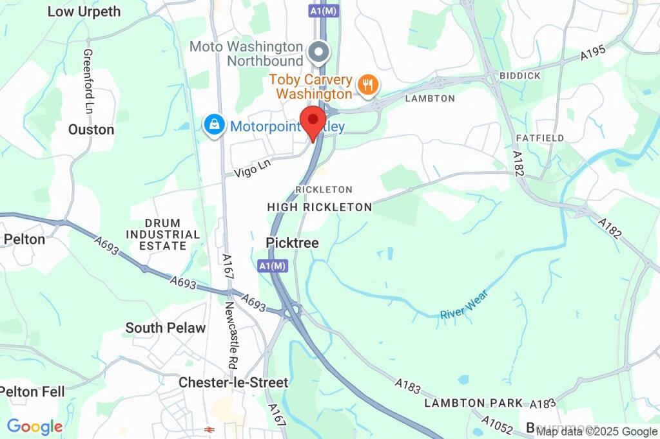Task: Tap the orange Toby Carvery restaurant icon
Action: (x=367, y=85)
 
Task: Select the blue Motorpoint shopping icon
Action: (x=213, y=125)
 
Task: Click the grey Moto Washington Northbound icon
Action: (x=318, y=51)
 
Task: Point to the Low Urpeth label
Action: (x=84, y=12)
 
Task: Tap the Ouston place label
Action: (x=91, y=129)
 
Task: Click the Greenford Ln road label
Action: (x=88, y=81)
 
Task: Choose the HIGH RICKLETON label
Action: (x=320, y=207)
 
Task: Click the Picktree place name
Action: (x=292, y=243)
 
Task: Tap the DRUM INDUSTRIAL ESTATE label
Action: (x=163, y=234)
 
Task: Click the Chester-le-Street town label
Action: (x=233, y=382)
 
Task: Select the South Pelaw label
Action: (x=166, y=328)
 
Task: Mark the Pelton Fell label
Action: (x=32, y=391)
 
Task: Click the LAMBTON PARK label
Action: (x=474, y=403)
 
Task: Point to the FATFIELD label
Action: (x=540, y=138)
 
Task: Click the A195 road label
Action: (x=593, y=53)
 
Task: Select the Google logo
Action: (x=35, y=426)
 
